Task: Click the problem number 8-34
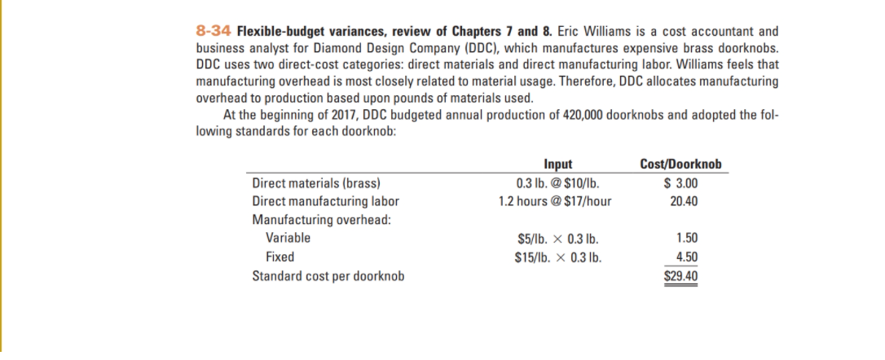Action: click(214, 32)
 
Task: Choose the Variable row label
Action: click(288, 239)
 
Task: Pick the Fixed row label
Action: click(280, 257)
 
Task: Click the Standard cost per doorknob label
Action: click(328, 275)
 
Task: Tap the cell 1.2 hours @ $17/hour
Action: click(555, 201)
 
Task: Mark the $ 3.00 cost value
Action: click(681, 182)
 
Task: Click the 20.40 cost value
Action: click(684, 201)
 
